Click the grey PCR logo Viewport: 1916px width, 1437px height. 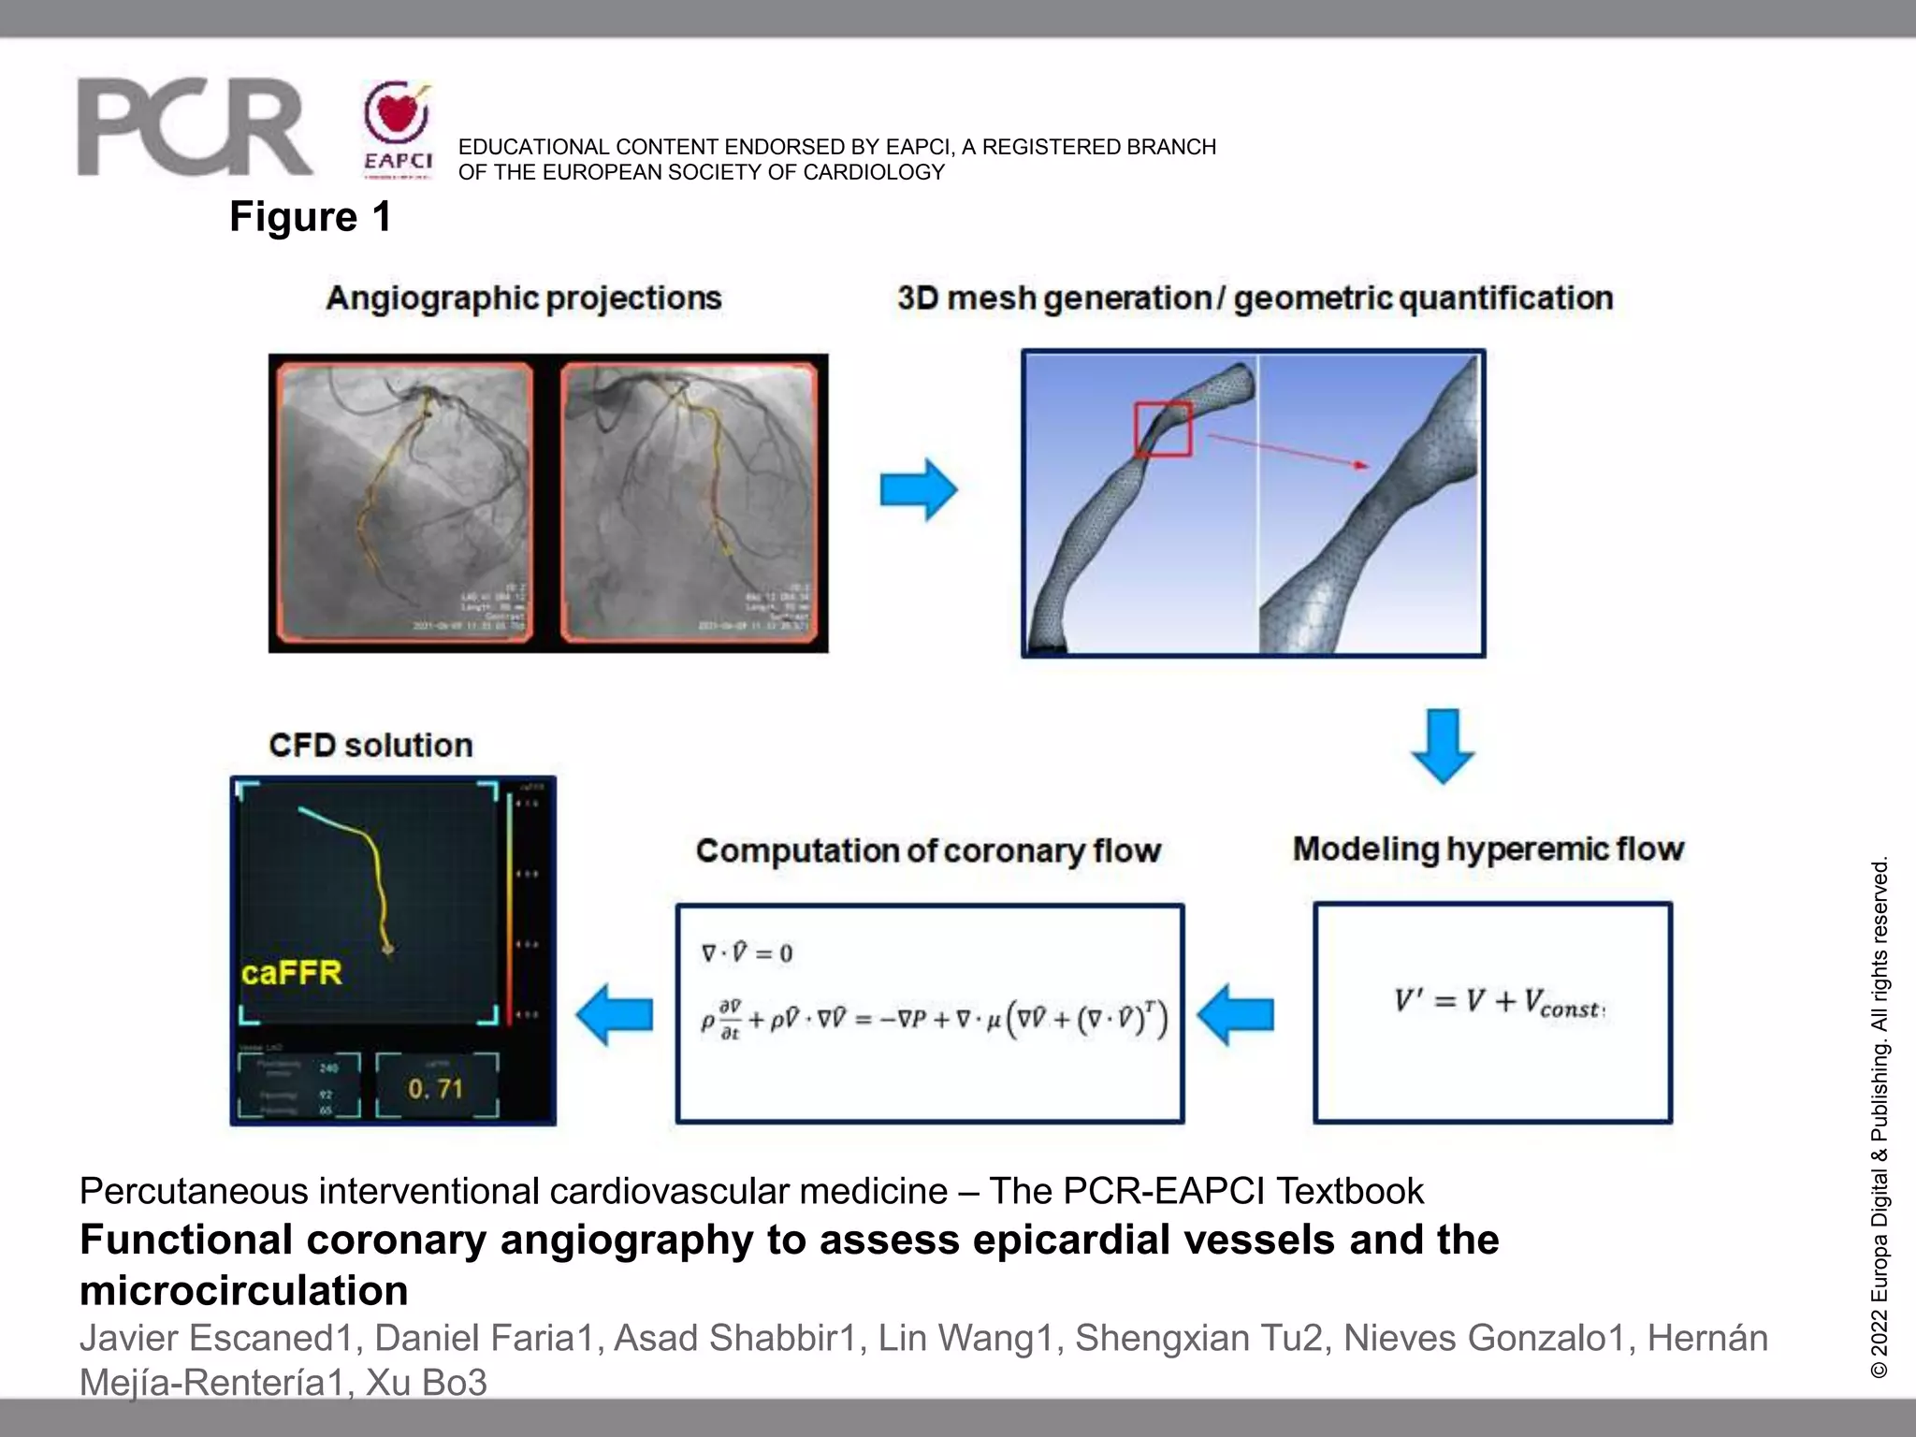click(x=194, y=128)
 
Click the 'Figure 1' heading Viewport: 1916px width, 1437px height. click(x=311, y=217)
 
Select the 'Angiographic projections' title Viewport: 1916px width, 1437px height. click(x=524, y=298)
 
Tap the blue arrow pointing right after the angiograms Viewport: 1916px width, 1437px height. click(x=918, y=489)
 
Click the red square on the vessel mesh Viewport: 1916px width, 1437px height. click(x=1163, y=429)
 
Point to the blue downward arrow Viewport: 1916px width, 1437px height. click(x=1443, y=747)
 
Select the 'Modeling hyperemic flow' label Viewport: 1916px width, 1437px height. click(x=1488, y=849)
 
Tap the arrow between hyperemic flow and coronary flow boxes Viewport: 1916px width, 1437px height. click(x=1236, y=1014)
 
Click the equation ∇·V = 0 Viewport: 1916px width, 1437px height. click(x=747, y=953)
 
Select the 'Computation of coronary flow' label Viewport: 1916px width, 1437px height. click(x=928, y=851)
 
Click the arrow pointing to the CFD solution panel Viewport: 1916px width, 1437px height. click(x=615, y=1014)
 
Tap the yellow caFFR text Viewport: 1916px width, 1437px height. click(x=292, y=974)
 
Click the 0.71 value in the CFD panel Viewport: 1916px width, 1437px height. click(x=435, y=1089)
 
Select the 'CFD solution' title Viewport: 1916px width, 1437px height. click(x=370, y=746)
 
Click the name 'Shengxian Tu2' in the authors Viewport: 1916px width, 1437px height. click(x=1199, y=1339)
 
